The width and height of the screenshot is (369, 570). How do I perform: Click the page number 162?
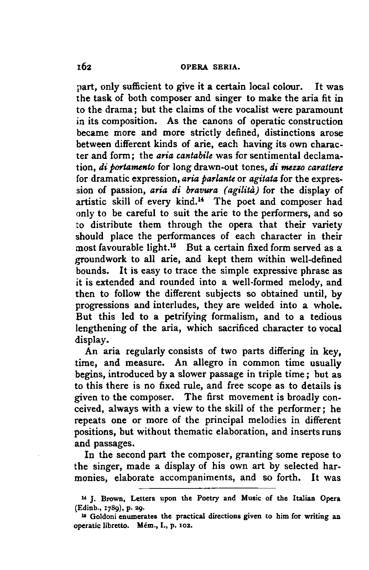(84, 67)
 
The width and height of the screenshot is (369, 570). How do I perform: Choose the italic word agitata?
(263, 179)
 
